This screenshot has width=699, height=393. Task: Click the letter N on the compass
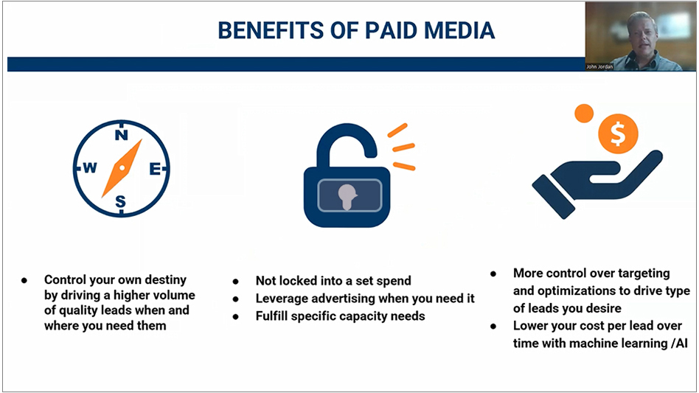[122, 134]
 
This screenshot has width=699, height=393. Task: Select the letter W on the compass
[89, 168]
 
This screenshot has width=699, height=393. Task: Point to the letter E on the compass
[155, 168]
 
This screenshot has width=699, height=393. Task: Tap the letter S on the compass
[121, 201]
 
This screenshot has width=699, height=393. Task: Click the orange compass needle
[122, 168]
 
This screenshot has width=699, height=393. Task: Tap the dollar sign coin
[618, 135]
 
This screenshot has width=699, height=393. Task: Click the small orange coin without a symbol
[584, 114]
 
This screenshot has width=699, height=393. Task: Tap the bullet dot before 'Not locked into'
[236, 281]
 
